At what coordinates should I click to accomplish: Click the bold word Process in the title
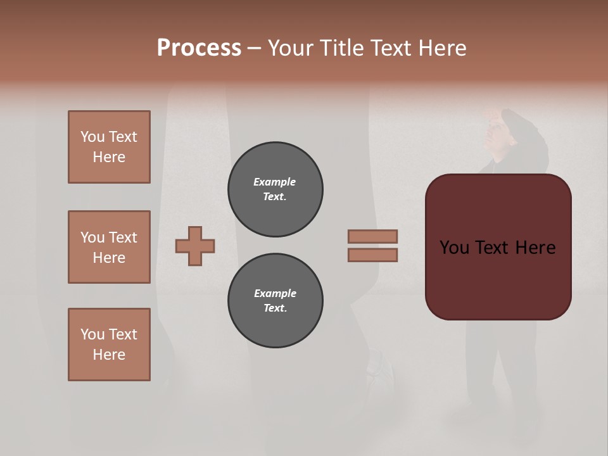[199, 47]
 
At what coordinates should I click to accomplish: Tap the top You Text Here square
[109, 147]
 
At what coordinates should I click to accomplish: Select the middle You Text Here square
[109, 247]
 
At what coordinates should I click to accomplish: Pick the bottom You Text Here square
[109, 345]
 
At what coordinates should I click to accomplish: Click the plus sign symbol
[195, 246]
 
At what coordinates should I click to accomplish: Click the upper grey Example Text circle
[275, 189]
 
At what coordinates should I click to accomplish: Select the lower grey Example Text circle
[275, 301]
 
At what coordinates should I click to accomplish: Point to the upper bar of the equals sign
[372, 236]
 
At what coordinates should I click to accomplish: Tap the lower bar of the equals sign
[372, 255]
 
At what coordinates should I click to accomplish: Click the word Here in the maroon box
[535, 248]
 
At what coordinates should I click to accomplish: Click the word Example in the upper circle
[274, 182]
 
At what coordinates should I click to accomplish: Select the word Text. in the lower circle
[275, 308]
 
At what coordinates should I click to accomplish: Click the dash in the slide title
[254, 48]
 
